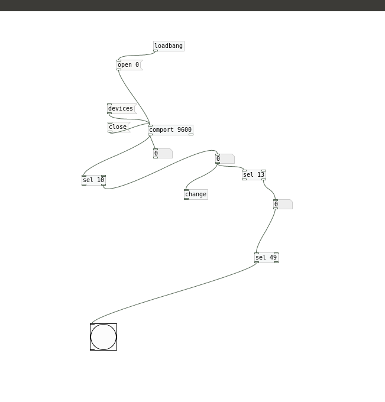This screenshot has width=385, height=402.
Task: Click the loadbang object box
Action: click(169, 46)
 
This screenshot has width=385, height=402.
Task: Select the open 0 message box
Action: click(130, 65)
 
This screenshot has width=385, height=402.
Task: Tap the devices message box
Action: click(122, 109)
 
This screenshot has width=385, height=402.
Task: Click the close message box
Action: click(119, 127)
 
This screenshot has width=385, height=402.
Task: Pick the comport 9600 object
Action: click(170, 130)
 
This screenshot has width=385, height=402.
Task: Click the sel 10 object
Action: click(93, 180)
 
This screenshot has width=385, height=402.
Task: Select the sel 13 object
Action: click(254, 175)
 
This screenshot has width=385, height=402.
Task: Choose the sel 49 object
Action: click(267, 258)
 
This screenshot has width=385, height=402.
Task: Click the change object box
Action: click(196, 194)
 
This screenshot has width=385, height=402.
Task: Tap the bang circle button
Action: click(103, 337)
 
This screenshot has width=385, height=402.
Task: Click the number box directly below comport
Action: click(163, 153)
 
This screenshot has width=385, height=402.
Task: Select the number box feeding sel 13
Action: click(225, 158)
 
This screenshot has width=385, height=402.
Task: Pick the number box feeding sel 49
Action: click(283, 205)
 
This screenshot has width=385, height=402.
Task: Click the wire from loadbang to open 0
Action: click(137, 55)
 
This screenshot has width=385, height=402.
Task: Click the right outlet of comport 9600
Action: click(191, 134)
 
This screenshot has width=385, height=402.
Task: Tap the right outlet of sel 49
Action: click(276, 262)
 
